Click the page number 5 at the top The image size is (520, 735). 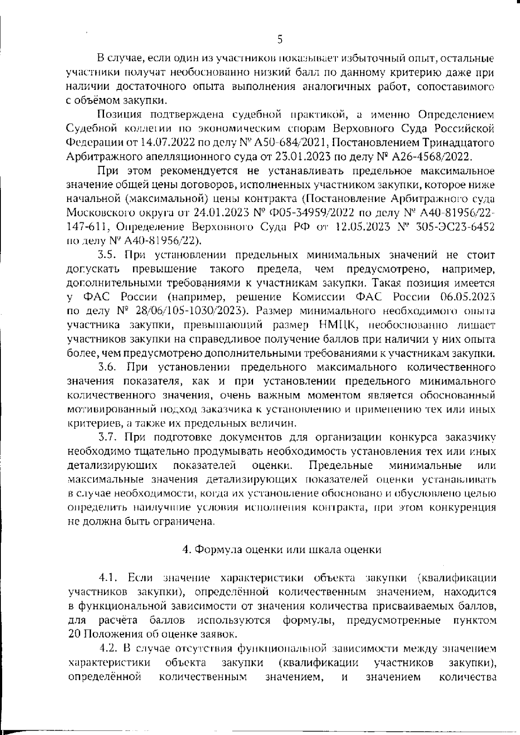[x=279, y=40]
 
